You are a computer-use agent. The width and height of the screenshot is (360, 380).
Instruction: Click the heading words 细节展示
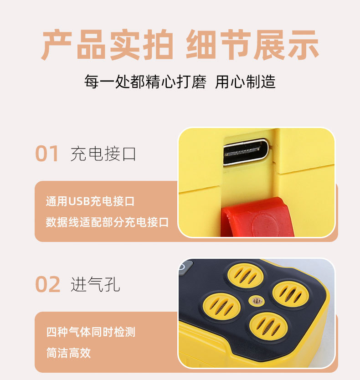(x=252, y=45)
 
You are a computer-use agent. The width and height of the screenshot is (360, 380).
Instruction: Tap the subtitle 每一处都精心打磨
(x=145, y=82)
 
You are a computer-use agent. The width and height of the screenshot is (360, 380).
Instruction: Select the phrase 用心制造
(x=245, y=82)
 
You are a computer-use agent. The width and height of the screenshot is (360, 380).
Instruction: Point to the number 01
(x=47, y=154)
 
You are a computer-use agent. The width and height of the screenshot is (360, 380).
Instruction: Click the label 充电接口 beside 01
(x=103, y=154)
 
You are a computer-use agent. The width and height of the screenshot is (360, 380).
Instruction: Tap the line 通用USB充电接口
(x=90, y=201)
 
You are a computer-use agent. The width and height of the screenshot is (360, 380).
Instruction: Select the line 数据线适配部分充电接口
(x=107, y=222)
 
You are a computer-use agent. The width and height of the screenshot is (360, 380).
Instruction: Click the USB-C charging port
(x=246, y=152)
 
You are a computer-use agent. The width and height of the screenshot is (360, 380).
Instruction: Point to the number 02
(x=48, y=285)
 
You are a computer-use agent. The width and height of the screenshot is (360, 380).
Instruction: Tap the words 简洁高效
(x=68, y=353)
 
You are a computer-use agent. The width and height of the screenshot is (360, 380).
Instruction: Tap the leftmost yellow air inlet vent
(x=221, y=306)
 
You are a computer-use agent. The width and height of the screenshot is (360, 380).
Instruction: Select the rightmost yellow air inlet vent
(x=288, y=293)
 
